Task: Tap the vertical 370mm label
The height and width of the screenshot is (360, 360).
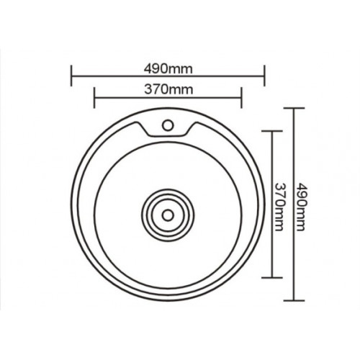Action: point(280,204)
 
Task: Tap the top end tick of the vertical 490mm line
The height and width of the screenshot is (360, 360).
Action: point(294,108)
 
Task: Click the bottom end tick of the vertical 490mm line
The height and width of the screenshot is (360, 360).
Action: point(294,300)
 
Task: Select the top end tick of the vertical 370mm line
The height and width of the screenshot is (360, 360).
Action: point(271,131)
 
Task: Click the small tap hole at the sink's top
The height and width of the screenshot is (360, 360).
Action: point(168,125)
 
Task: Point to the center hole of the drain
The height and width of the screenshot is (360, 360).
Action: point(168,214)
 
